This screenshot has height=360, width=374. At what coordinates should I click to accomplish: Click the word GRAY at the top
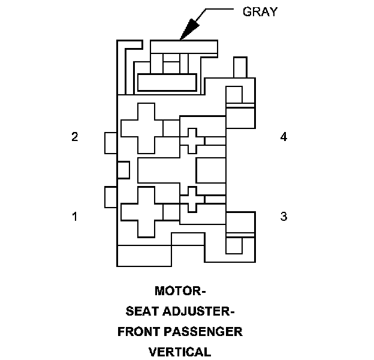click(x=260, y=11)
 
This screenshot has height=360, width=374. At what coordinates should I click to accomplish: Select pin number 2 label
click(x=74, y=137)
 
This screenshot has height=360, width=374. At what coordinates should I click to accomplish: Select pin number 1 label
click(x=74, y=216)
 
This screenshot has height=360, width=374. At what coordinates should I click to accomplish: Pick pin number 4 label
click(x=283, y=137)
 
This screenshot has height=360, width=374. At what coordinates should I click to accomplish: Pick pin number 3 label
click(x=283, y=216)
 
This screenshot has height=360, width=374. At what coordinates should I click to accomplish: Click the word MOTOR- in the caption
click(x=180, y=292)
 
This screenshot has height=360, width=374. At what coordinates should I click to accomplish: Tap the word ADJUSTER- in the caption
click(x=200, y=311)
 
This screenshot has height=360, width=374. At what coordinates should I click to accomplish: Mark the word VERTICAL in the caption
click(x=180, y=352)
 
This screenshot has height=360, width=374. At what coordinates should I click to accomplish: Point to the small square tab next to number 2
click(x=111, y=143)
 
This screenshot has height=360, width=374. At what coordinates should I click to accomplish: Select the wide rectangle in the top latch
click(x=167, y=82)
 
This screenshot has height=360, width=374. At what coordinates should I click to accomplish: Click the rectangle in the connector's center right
click(x=210, y=170)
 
